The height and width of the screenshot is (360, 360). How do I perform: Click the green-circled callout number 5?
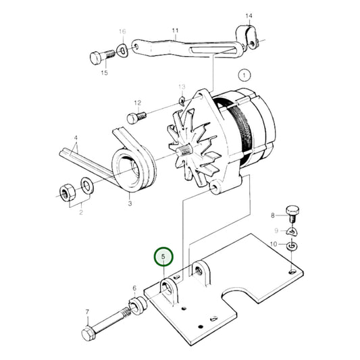tap(163, 257)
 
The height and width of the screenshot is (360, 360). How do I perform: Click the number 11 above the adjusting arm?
tap(176, 30)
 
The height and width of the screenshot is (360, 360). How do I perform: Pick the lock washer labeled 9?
tap(291, 232)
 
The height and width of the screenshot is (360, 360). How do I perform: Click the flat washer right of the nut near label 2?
tap(87, 184)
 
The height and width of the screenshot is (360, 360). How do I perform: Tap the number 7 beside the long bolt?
tap(86, 312)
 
